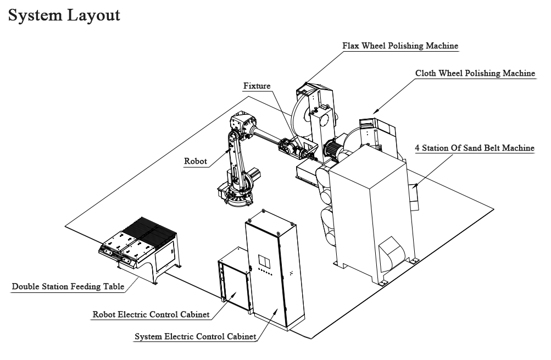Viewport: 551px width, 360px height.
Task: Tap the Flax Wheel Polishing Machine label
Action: click(x=400, y=46)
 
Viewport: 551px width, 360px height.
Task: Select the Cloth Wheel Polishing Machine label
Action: click(x=475, y=73)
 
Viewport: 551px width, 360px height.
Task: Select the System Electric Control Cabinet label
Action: click(x=196, y=336)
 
